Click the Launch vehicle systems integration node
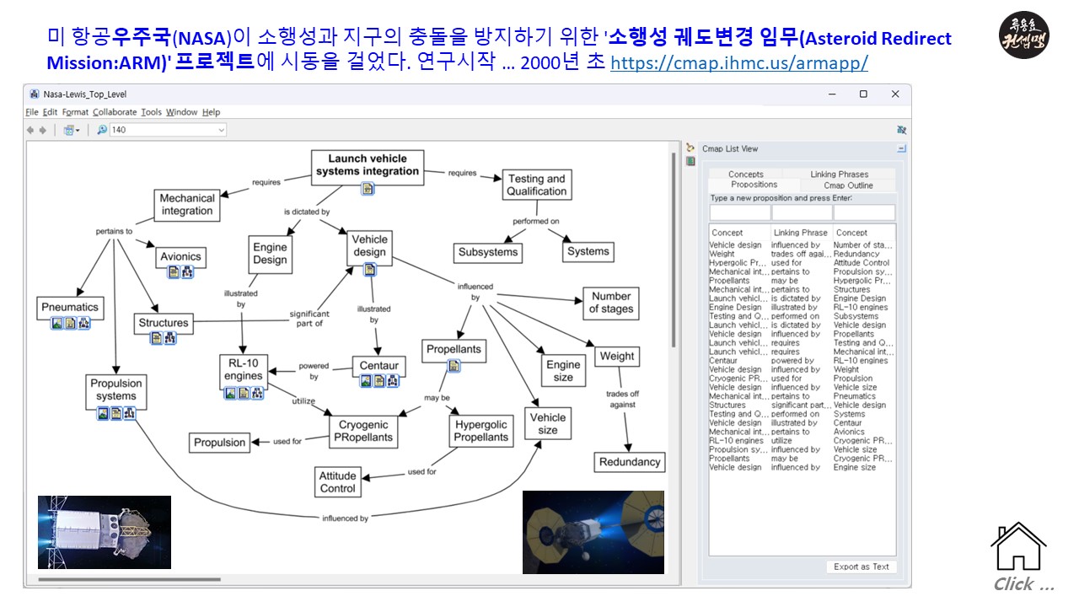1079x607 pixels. click(368, 165)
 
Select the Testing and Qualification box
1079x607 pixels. click(536, 185)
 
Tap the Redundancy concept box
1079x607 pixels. click(629, 462)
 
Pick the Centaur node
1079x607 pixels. click(378, 366)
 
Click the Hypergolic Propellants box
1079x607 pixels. click(480, 431)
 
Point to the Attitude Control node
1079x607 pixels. click(338, 482)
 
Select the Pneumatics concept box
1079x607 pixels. click(70, 307)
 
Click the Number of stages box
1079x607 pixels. click(610, 303)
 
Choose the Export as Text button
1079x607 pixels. click(862, 567)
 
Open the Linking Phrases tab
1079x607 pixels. click(839, 175)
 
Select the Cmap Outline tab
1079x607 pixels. click(848, 185)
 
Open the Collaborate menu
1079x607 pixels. click(115, 112)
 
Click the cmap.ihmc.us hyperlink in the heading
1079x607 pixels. click(738, 63)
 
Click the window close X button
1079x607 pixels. click(894, 94)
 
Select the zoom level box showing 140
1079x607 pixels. click(168, 130)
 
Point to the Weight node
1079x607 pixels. click(616, 356)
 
